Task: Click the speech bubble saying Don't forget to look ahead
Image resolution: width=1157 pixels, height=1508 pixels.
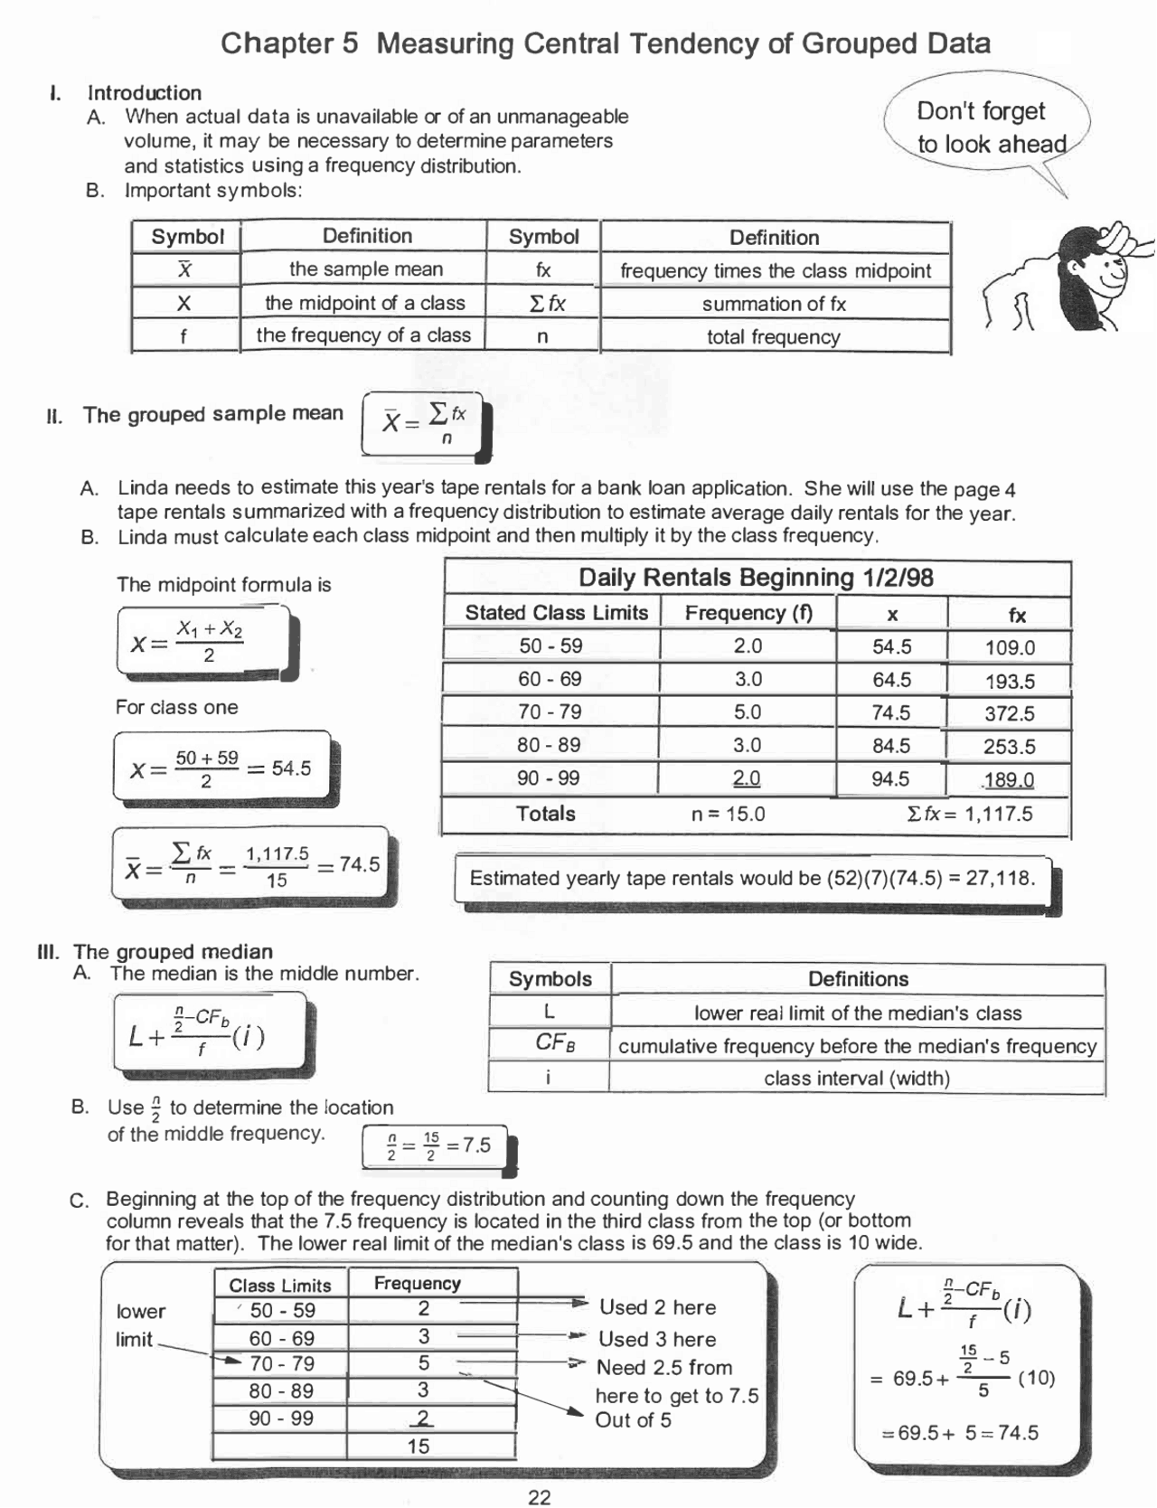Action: tap(990, 127)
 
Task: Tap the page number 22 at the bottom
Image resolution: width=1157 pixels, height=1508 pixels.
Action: tap(540, 1497)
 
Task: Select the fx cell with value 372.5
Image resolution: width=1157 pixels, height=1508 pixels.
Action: tap(1009, 713)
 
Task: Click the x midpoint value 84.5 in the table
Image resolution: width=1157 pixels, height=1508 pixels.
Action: tap(891, 746)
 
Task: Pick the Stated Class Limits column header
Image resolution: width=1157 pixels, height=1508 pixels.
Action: tap(556, 613)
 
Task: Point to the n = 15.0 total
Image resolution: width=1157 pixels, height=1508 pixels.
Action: tap(728, 814)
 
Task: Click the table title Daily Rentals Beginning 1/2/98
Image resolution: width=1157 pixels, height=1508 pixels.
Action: tap(756, 578)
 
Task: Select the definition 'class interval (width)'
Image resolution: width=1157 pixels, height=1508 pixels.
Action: tap(856, 1079)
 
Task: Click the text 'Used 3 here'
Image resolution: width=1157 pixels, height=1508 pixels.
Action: tap(656, 1339)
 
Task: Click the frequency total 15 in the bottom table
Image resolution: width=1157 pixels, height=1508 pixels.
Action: tap(418, 1446)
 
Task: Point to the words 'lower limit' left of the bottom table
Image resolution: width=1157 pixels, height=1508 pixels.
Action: tap(140, 1324)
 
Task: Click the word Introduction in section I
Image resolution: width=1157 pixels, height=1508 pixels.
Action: tap(145, 92)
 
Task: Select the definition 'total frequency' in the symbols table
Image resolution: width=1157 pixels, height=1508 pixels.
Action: tap(773, 337)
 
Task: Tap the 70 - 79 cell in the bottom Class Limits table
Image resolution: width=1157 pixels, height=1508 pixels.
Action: tap(281, 1364)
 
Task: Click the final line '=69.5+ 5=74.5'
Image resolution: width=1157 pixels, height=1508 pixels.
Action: tap(959, 1433)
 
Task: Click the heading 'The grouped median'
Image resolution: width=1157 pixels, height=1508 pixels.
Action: tap(173, 952)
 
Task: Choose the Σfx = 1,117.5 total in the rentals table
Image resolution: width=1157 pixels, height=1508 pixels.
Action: tap(968, 814)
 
